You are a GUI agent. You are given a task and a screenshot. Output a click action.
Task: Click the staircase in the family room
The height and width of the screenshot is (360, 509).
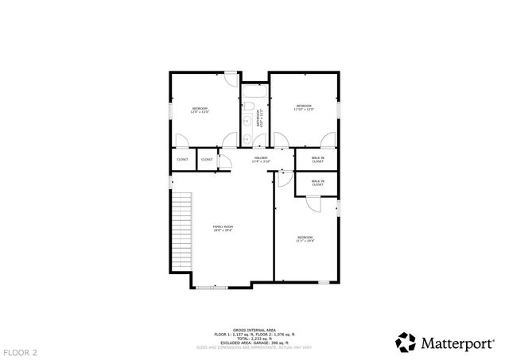pos(183,231)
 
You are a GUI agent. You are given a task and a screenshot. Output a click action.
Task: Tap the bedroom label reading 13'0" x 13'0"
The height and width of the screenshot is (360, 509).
pos(200,110)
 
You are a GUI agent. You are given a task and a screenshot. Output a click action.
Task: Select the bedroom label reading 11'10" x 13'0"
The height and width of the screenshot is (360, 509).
pos(305,107)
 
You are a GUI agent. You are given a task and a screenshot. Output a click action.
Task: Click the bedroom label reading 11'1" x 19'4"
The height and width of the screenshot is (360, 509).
pos(305,239)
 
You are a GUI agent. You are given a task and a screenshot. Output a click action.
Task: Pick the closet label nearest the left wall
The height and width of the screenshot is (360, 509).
pos(182,160)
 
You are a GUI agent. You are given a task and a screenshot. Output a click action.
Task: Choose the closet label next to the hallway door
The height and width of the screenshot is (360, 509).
pos(207,160)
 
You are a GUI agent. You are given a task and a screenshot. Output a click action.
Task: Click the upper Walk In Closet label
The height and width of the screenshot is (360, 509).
pos(317,161)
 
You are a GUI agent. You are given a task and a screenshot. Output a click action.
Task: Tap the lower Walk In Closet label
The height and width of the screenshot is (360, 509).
pos(317,184)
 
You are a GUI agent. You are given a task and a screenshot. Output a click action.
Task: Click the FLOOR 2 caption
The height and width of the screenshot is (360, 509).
pos(20,351)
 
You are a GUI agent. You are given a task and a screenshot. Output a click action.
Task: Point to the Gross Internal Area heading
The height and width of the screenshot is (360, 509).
pos(254,330)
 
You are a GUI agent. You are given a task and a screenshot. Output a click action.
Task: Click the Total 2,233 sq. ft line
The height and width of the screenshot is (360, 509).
pos(254,338)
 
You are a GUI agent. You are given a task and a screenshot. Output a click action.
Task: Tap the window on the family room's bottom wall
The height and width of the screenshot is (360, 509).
pos(212,287)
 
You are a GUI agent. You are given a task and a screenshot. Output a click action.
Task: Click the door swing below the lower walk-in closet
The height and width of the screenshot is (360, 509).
pos(313,203)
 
